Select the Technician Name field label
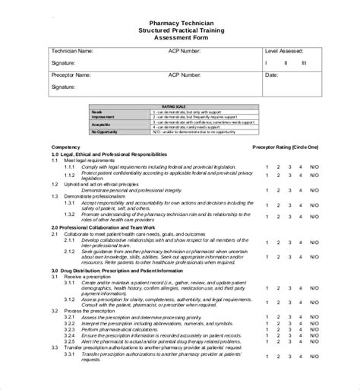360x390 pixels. pyautogui.click(x=73, y=50)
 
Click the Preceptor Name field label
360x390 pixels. pyautogui.click(x=71, y=76)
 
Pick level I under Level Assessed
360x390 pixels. pyautogui.click(x=266, y=63)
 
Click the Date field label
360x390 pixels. pyautogui.click(x=271, y=76)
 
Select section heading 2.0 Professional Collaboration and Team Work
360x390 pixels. pyautogui.click(x=103, y=227)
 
